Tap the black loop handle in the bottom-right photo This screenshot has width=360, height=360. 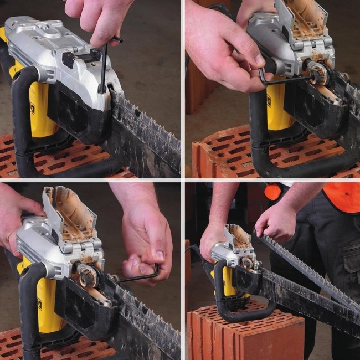[244, 310]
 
